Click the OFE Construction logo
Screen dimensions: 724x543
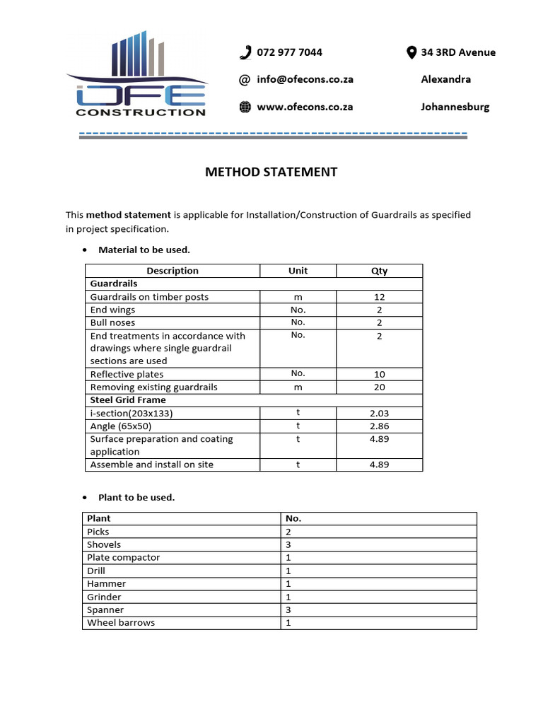coord(137,74)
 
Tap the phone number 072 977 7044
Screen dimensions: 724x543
coord(289,52)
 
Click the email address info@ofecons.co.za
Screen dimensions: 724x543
coord(305,80)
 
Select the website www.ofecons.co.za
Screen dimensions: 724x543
coord(305,107)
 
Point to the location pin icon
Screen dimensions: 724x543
coord(411,52)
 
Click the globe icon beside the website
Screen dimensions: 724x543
coord(245,107)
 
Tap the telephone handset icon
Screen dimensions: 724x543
coord(245,52)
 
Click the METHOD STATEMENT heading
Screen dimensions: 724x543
coord(271,172)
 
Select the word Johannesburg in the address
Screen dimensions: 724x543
coord(455,107)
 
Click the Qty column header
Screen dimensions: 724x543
coord(379,271)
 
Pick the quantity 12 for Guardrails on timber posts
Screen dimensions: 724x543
coord(379,297)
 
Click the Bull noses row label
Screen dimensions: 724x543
coord(112,322)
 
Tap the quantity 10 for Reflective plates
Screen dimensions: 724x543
coord(379,374)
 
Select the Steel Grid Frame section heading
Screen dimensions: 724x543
coord(128,399)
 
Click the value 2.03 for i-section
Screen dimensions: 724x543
coord(379,413)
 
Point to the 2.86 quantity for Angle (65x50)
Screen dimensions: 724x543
coord(379,426)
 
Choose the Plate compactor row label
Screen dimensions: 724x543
coord(123,557)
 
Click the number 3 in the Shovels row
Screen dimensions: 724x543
coord(288,544)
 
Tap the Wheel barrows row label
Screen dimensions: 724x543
coord(121,623)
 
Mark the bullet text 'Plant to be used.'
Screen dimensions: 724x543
coord(136,497)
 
